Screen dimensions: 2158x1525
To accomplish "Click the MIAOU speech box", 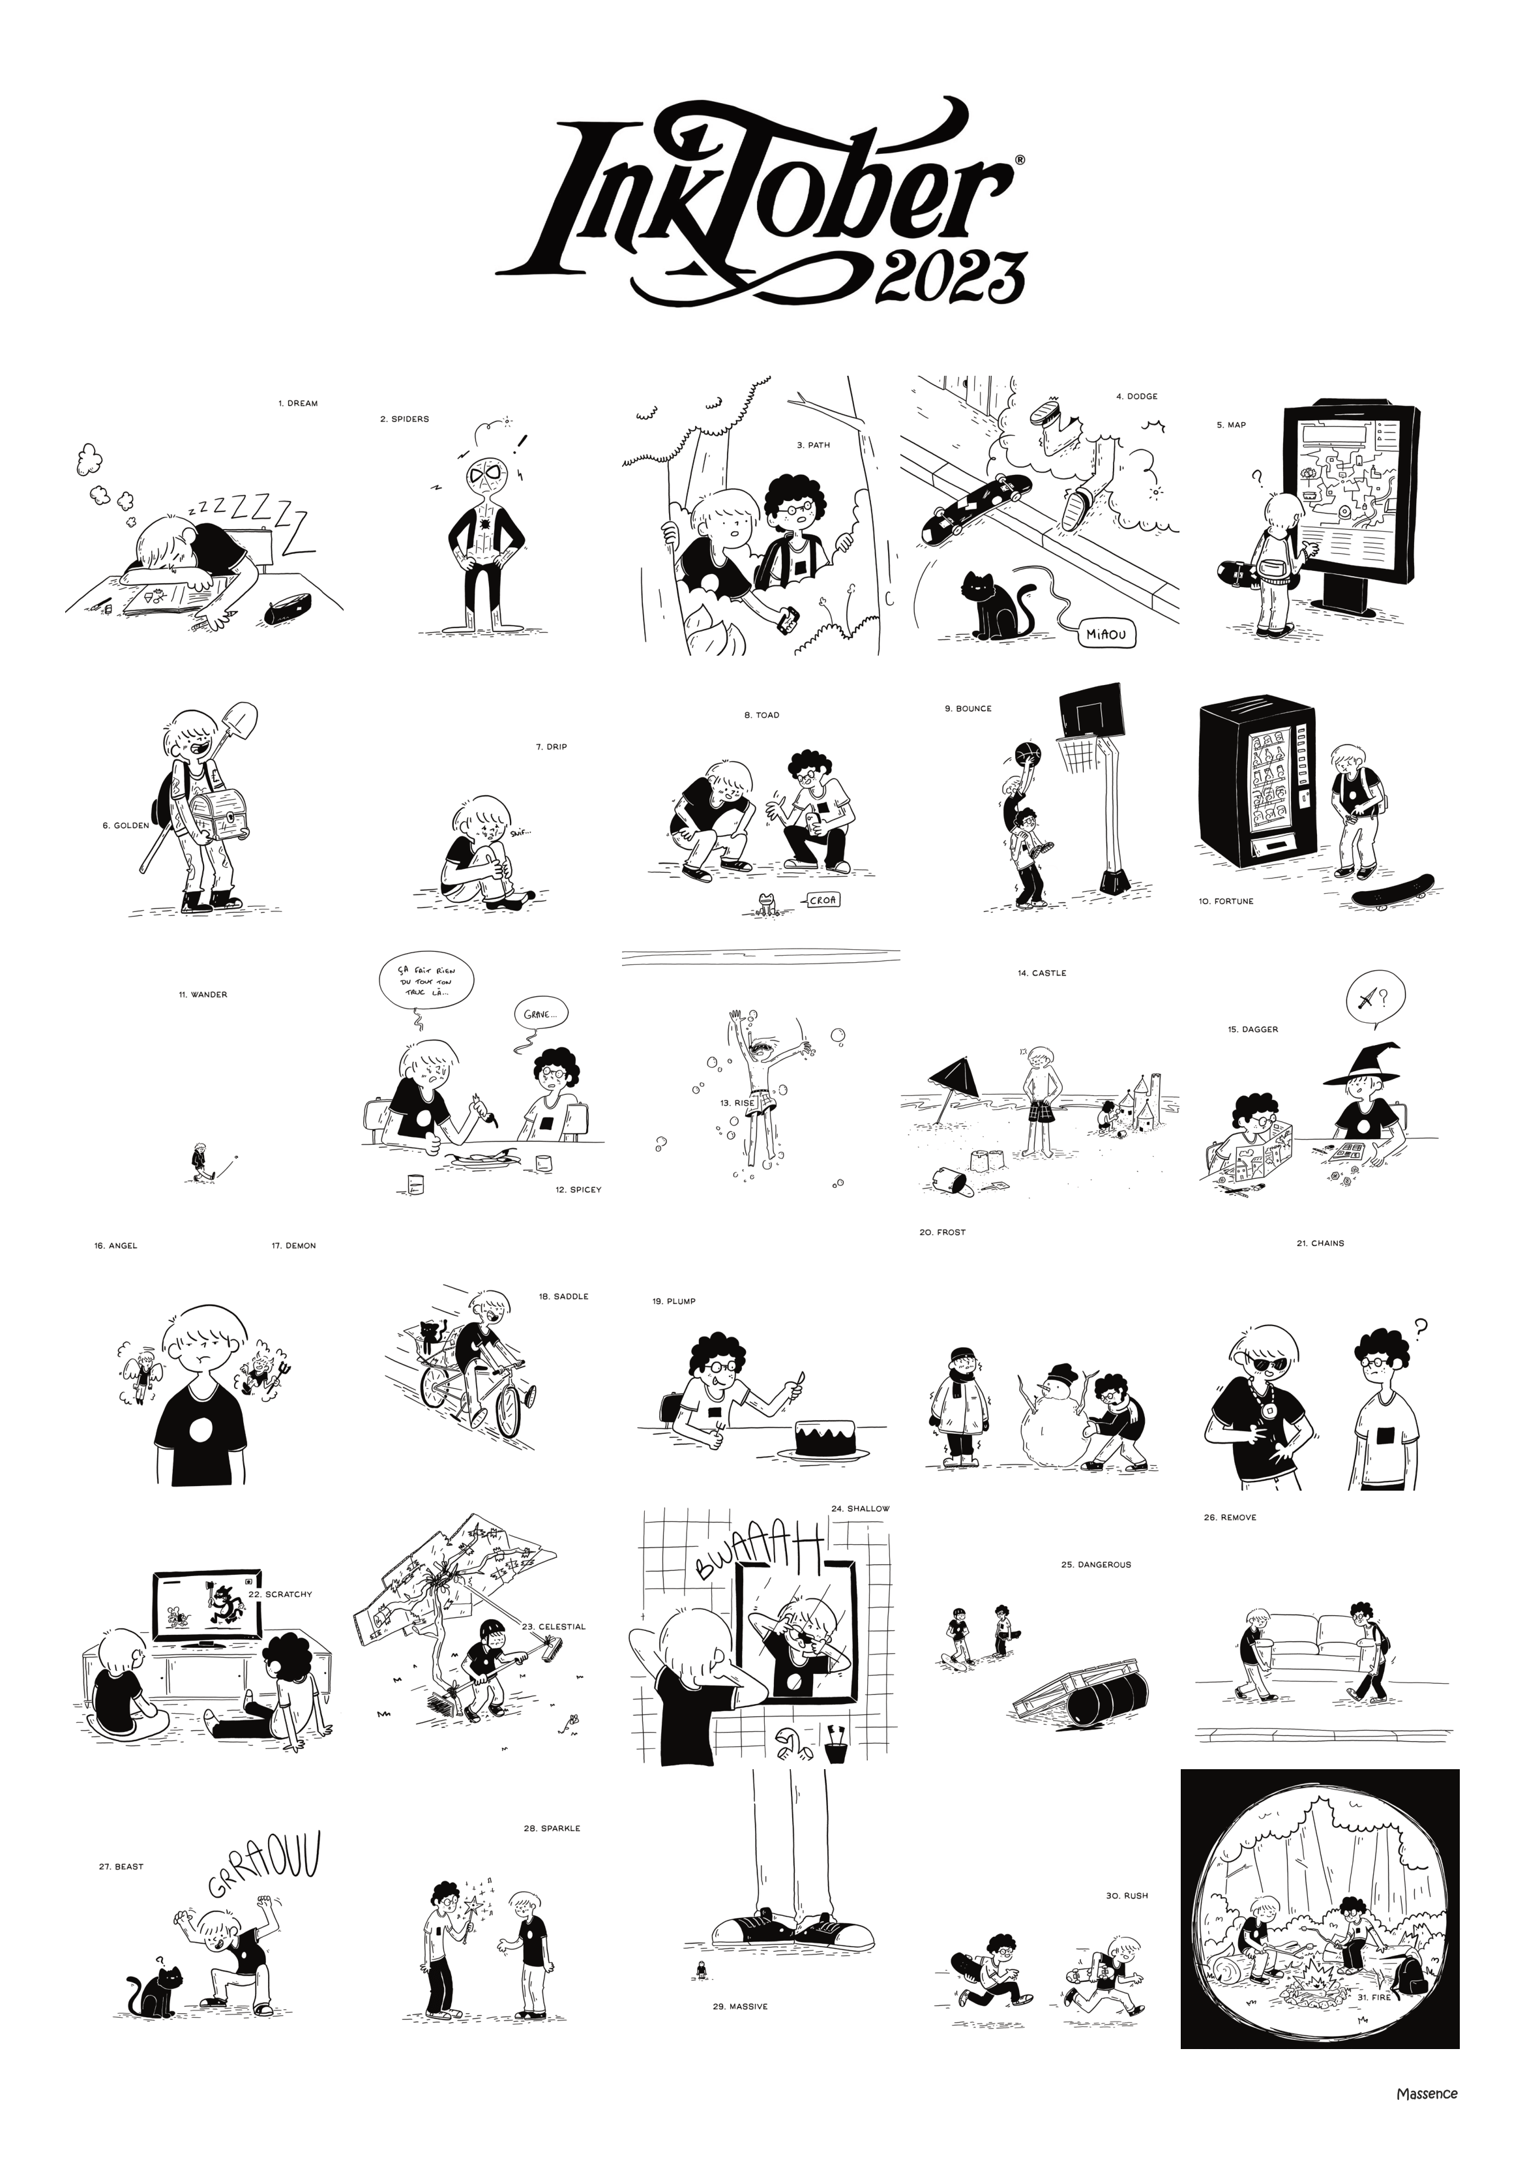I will (x=1109, y=635).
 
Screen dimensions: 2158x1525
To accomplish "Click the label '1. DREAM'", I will (x=298, y=403).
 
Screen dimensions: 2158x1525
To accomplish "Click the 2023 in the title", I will (x=949, y=278).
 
